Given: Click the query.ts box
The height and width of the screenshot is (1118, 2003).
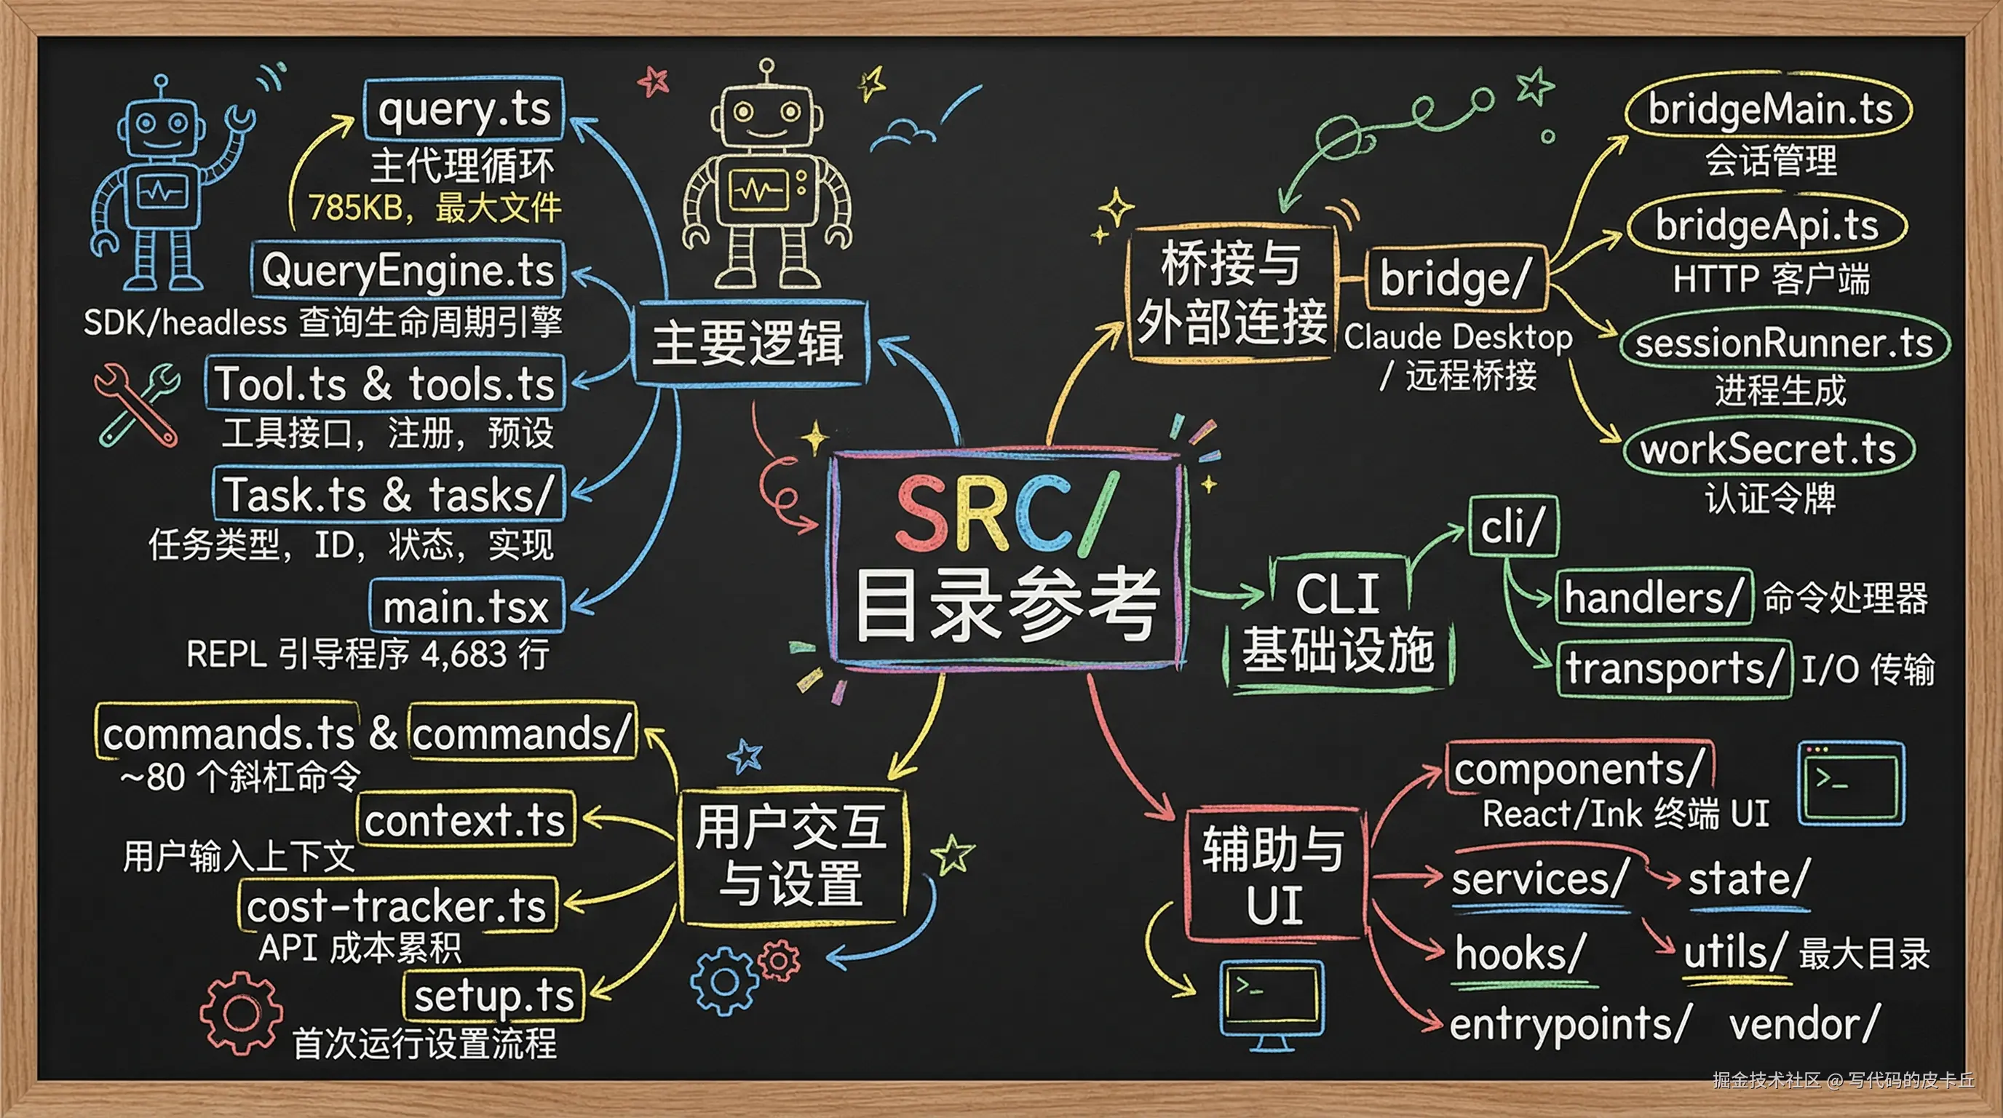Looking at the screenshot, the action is (x=464, y=109).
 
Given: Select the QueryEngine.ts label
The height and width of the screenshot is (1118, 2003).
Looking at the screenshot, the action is (x=408, y=271).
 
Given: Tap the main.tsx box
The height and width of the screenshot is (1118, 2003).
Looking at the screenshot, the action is (x=466, y=606).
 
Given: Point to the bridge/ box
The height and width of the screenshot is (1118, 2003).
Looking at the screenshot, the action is (x=1455, y=278).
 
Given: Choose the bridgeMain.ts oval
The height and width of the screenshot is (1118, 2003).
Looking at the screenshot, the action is (x=1769, y=111).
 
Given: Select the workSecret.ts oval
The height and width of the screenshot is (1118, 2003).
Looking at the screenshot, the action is (x=1768, y=448).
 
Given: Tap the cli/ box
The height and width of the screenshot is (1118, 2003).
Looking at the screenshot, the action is (x=1512, y=526).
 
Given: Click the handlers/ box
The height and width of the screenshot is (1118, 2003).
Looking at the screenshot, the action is (x=1653, y=597).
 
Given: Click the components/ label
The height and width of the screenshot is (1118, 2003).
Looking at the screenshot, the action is (x=1579, y=769).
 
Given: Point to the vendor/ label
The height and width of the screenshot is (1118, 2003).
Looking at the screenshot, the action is (x=1804, y=1023).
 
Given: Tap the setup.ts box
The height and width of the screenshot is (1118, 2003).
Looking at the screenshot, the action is (x=493, y=996).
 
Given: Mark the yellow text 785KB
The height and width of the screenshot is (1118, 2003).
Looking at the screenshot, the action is (x=354, y=207).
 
